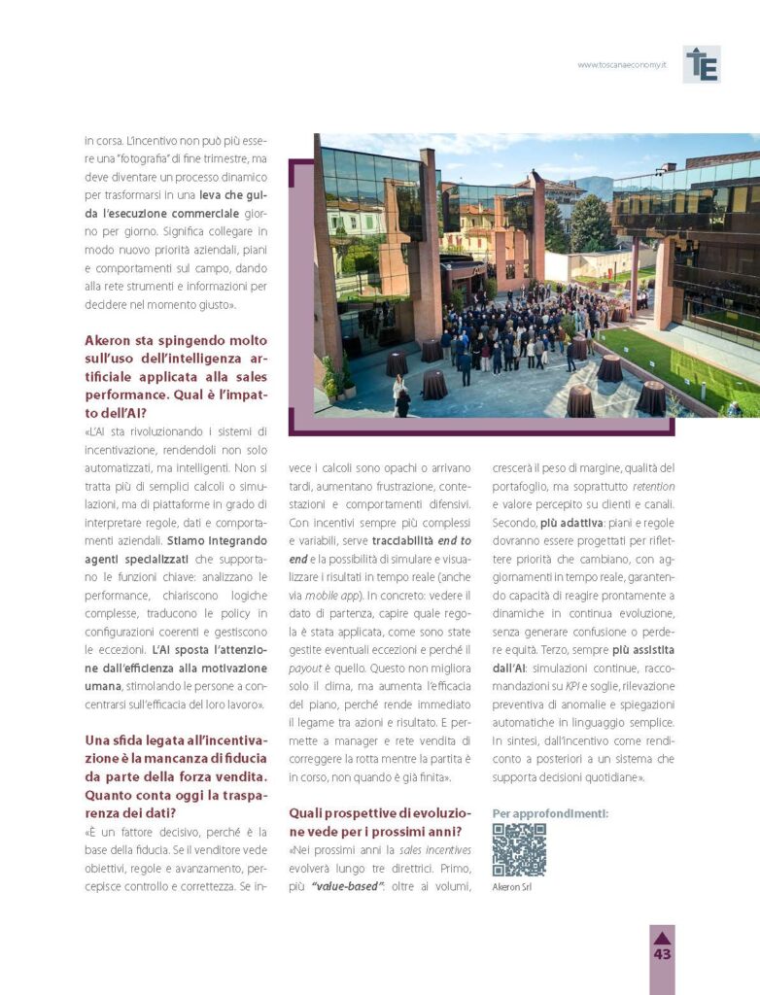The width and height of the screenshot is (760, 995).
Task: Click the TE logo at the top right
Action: pos(701,64)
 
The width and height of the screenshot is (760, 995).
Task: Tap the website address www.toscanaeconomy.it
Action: pos(621,65)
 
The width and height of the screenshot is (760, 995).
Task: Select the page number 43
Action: pos(662,954)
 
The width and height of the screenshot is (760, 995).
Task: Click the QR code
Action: pos(519,849)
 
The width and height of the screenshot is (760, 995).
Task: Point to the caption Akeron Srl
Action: pos(512,886)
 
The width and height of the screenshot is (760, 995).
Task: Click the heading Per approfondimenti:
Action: pos(550,813)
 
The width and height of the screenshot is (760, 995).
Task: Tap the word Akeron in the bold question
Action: pos(111,341)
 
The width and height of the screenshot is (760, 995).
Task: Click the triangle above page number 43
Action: pos(662,938)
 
